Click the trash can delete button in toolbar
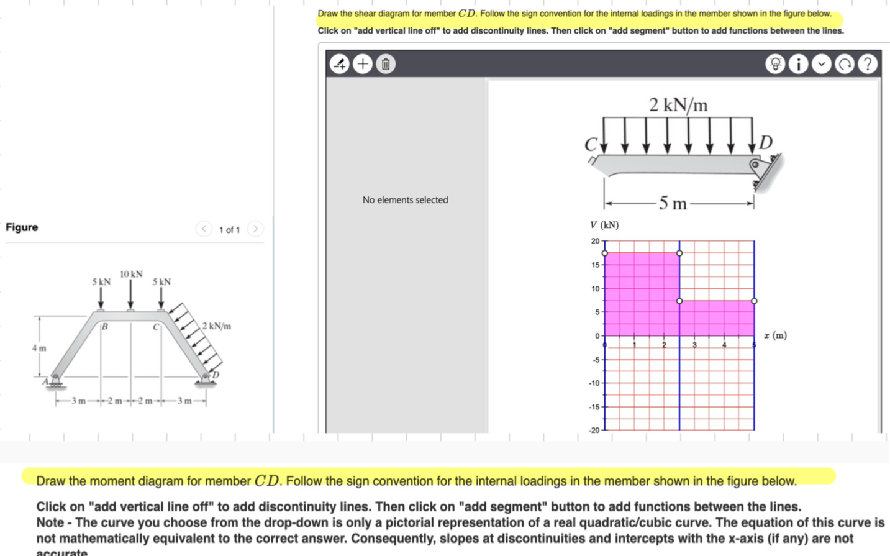click(x=386, y=64)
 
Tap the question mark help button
click(x=868, y=64)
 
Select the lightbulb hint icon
click(x=775, y=64)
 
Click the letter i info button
click(x=798, y=64)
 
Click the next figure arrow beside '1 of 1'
click(x=255, y=229)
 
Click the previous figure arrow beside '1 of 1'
click(x=204, y=229)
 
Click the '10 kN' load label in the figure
click(x=131, y=274)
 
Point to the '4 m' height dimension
click(x=39, y=348)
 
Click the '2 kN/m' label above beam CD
click(x=678, y=105)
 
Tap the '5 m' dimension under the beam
click(x=673, y=203)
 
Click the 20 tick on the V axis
click(x=595, y=241)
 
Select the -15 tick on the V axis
click(x=594, y=407)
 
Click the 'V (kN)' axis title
click(x=604, y=225)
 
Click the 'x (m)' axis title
click(x=775, y=335)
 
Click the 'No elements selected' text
click(x=405, y=200)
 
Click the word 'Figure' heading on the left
click(x=22, y=227)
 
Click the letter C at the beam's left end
click(x=590, y=145)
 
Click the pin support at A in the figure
click(x=56, y=380)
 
